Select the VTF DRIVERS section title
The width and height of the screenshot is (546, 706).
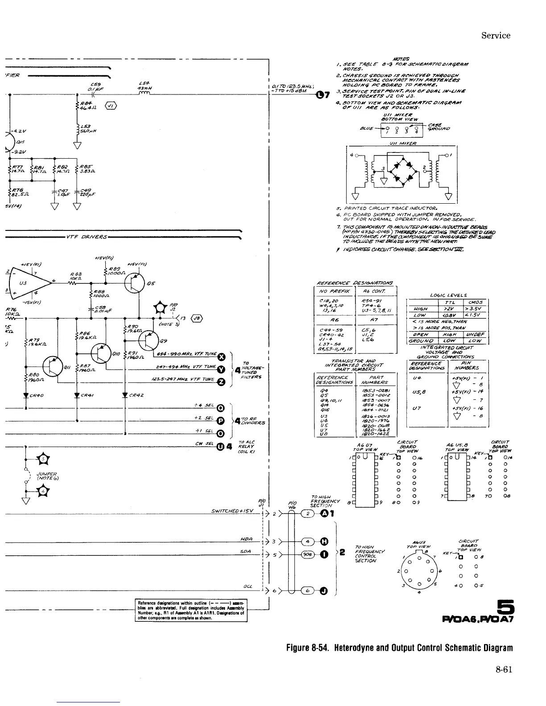87,237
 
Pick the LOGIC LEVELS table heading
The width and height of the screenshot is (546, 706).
448,295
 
